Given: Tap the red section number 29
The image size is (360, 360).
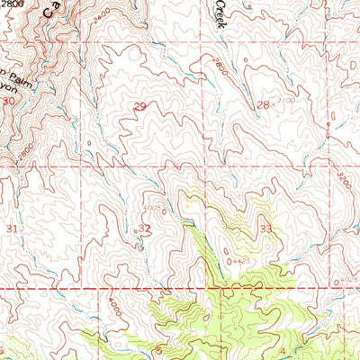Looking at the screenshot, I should [x=139, y=107].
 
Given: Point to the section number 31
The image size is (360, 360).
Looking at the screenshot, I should [x=11, y=230].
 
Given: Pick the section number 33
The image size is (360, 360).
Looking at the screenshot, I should [x=265, y=229].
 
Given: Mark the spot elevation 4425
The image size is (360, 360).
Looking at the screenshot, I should [x=238, y=261].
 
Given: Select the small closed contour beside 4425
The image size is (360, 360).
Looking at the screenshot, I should [x=226, y=261].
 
